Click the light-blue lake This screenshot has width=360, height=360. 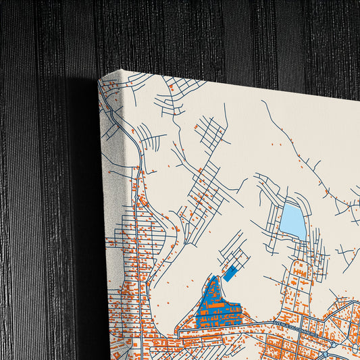click(x=293, y=219)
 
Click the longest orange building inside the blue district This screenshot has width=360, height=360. click(x=217, y=312)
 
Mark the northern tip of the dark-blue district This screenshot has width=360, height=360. click(x=215, y=277)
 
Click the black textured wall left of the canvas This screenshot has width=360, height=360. click(x=41, y=203)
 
